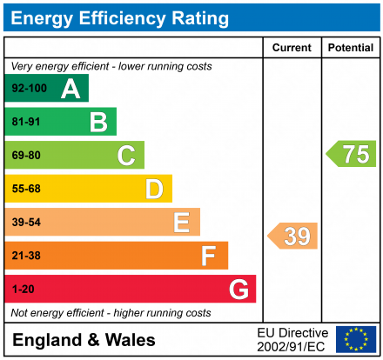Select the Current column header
pyautogui.click(x=292, y=48)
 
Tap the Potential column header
pyautogui.click(x=351, y=48)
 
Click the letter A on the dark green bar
pyautogui.click(x=71, y=89)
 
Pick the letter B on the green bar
pyautogui.click(x=98, y=123)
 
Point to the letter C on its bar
pyautogui.click(x=126, y=156)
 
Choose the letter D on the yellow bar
pyautogui.click(x=154, y=189)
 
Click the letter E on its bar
pyautogui.click(x=181, y=223)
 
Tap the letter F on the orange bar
pyautogui.click(x=209, y=256)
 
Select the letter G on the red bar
pyautogui.click(x=238, y=289)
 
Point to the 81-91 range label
pyautogui.click(x=25, y=123)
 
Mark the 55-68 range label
pyautogui.click(x=25, y=189)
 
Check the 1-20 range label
pyautogui.click(x=22, y=289)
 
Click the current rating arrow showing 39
pyautogui.click(x=293, y=236)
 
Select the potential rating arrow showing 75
pyautogui.click(x=352, y=154)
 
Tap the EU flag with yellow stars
pyautogui.click(x=355, y=339)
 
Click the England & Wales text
pyautogui.click(x=84, y=340)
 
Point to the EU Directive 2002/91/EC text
pyautogui.click(x=292, y=339)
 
